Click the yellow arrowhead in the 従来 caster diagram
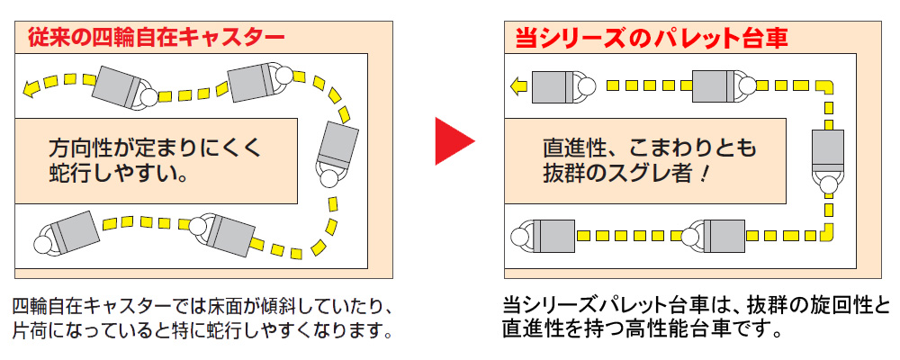[x=30, y=87]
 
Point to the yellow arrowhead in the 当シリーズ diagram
[x=517, y=86]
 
